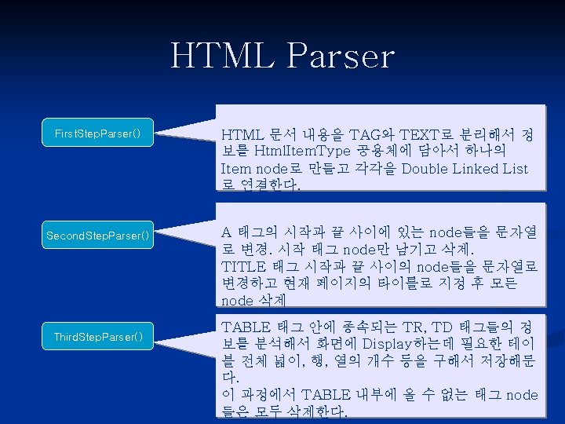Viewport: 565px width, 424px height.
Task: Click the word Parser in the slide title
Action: (x=340, y=56)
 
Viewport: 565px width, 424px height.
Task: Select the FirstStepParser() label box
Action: (x=98, y=133)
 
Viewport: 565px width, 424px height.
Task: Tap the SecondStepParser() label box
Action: (x=98, y=236)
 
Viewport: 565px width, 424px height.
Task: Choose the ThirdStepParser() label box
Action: (x=98, y=337)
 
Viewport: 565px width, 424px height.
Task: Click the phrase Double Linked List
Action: (x=465, y=169)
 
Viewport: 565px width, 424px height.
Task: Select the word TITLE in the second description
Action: (x=244, y=266)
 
